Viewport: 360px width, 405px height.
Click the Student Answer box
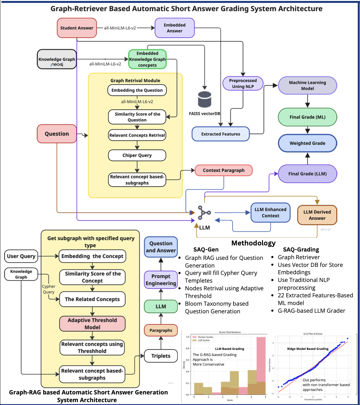pyautogui.click(x=77, y=28)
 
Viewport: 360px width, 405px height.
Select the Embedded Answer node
pyautogui.click(x=175, y=28)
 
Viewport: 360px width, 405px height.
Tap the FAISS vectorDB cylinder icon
pyautogui.click(x=204, y=99)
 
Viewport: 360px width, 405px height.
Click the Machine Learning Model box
pyautogui.click(x=307, y=86)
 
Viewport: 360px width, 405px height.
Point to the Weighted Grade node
pyautogui.click(x=307, y=143)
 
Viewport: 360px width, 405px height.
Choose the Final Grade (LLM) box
pyautogui.click(x=307, y=174)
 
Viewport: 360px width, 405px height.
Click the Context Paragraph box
pyautogui.click(x=224, y=170)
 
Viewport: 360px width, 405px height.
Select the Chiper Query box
pyautogui.click(x=137, y=155)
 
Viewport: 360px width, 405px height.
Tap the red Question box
pyautogui.click(x=57, y=134)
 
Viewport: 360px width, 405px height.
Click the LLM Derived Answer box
pyautogui.click(x=317, y=215)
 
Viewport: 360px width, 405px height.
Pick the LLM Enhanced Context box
pyautogui.click(x=270, y=212)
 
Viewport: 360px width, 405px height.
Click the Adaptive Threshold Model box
pyautogui.click(x=92, y=324)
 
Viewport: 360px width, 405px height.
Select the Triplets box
pyautogui.click(x=161, y=356)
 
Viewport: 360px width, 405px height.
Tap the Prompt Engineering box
pyautogui.click(x=161, y=280)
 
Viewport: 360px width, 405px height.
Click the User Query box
pyautogui.click(x=21, y=256)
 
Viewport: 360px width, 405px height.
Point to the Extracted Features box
pyautogui.click(x=220, y=134)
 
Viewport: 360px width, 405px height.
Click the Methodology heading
pyautogui.click(x=253, y=243)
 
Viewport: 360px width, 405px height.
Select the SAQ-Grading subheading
pyautogui.click(x=301, y=250)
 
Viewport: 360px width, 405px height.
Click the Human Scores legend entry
pyautogui.click(x=205, y=337)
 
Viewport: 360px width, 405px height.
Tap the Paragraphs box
pyautogui.click(x=161, y=330)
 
